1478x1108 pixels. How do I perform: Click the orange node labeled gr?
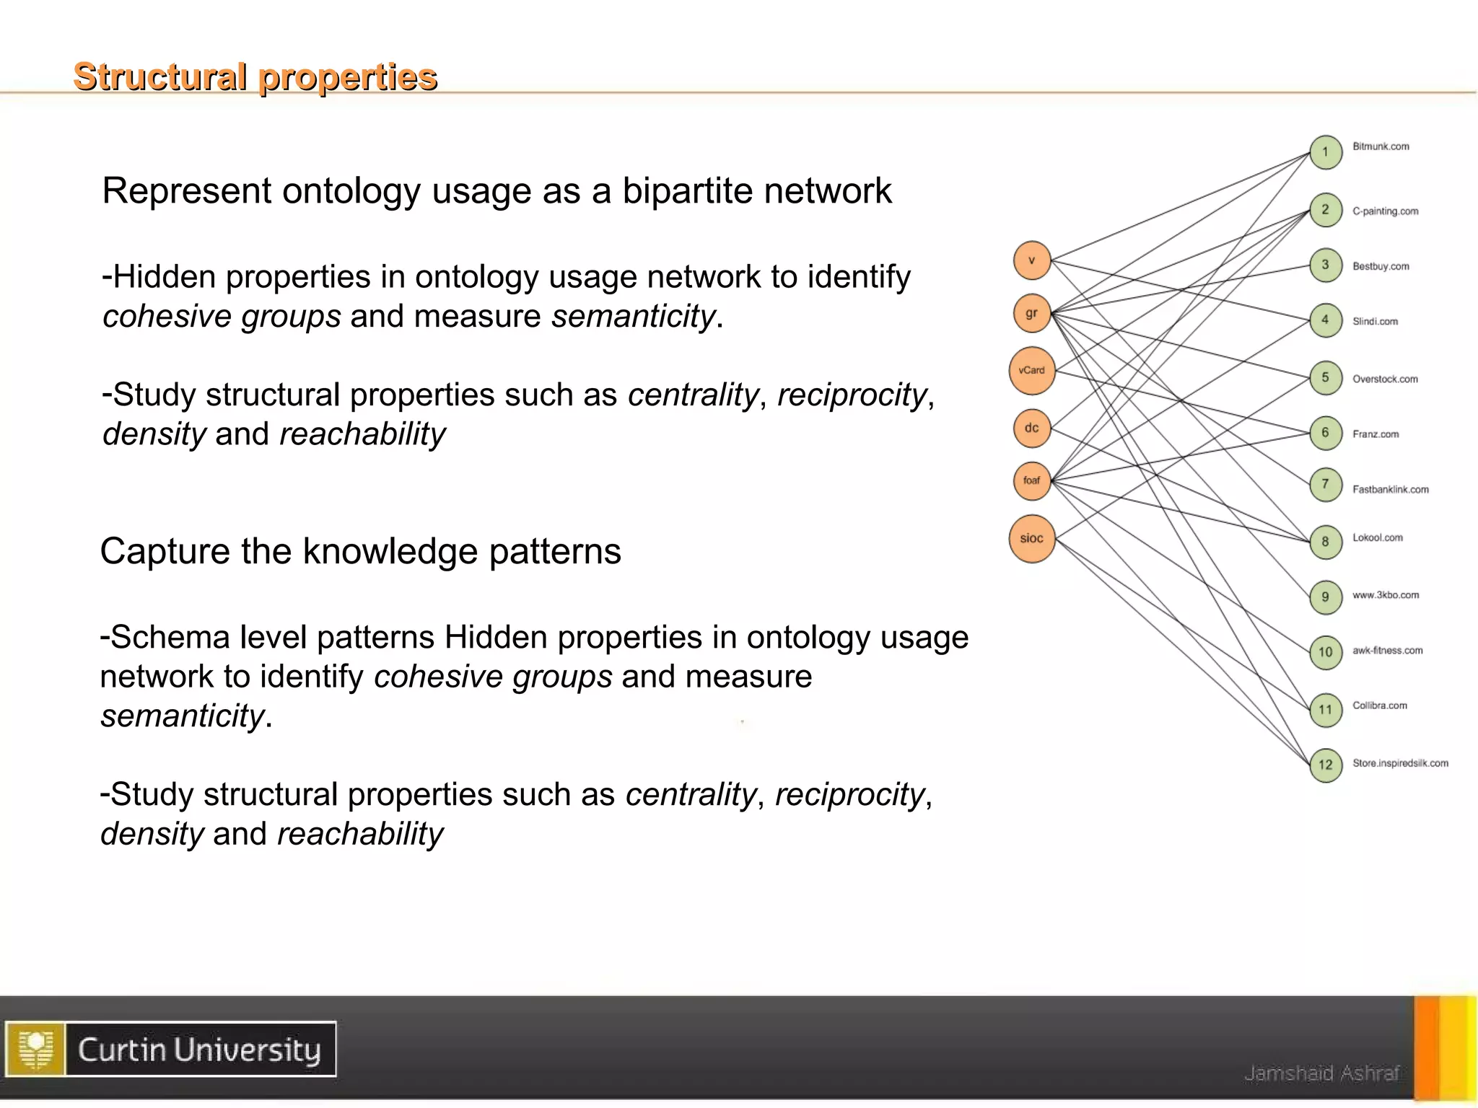[1031, 313]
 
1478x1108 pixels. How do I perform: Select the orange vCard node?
[1031, 371]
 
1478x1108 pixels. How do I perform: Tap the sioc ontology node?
[1031, 538]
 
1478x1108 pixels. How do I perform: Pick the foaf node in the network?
[1031, 480]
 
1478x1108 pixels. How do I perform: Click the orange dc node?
[1031, 428]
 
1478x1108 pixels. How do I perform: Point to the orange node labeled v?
[1031, 260]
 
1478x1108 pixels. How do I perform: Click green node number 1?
[1326, 152]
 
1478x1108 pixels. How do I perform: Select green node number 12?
[1326, 765]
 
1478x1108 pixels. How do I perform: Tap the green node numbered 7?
[1326, 484]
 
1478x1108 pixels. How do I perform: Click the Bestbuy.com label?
[1381, 266]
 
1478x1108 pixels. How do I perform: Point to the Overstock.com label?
[1385, 379]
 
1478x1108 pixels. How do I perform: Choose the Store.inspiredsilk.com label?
[1400, 763]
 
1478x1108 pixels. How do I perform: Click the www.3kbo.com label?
[1386, 595]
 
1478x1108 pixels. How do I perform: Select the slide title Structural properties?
[255, 77]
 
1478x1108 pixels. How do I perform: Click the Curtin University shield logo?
[35, 1049]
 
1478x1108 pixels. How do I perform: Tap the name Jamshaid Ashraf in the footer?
[1321, 1073]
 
